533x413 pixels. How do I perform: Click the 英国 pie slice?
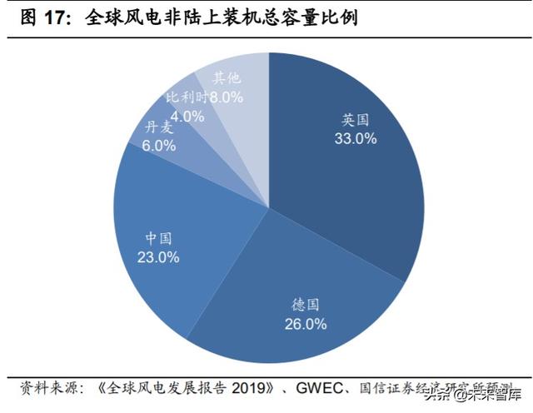pyautogui.click(x=350, y=167)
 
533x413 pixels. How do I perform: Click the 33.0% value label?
pyautogui.click(x=356, y=139)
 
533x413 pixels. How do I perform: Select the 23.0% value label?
pyautogui.click(x=158, y=257)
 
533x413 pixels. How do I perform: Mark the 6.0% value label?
pyautogui.click(x=159, y=145)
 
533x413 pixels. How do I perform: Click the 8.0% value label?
pyautogui.click(x=226, y=97)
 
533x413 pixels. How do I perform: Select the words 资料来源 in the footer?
pyautogui.click(x=50, y=389)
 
